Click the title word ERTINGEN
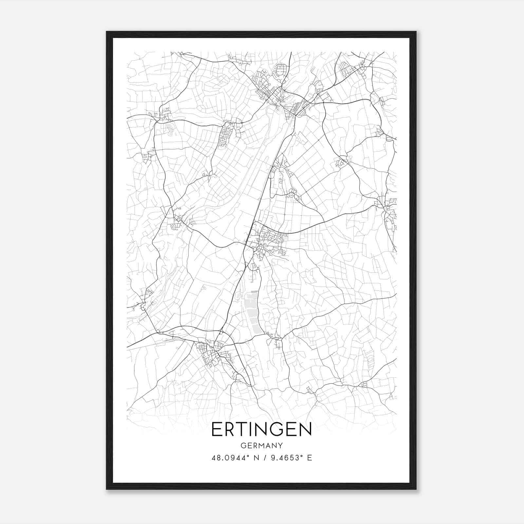point(262,429)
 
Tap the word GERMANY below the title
point(262,445)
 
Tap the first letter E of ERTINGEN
point(217,429)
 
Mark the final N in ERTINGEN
point(305,429)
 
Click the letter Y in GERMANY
point(280,445)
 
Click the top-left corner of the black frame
point(107,32)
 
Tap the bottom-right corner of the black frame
point(416,489)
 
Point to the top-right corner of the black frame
point(416,32)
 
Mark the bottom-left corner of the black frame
point(107,489)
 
